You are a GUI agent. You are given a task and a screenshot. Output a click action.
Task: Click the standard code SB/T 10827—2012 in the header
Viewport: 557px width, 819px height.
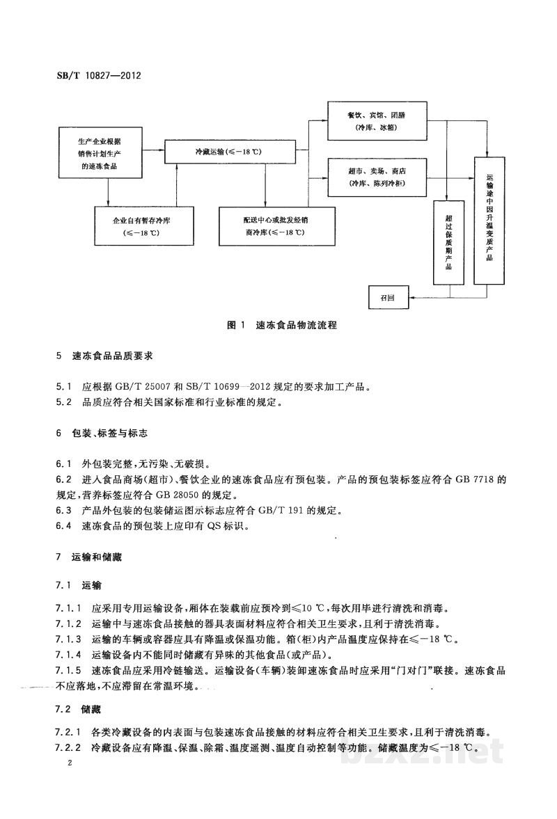[x=98, y=75]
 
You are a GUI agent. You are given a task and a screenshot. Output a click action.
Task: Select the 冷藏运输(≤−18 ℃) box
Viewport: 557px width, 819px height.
[x=229, y=152]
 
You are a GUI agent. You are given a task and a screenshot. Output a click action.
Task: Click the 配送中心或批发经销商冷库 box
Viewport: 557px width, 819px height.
[x=276, y=225]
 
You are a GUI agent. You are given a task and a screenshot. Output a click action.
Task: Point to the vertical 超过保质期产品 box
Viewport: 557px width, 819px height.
[x=448, y=242]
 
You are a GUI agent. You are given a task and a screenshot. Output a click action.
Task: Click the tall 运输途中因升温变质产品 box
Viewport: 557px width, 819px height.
[x=489, y=220]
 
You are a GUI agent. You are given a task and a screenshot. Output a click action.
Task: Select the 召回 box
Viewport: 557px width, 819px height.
[x=389, y=298]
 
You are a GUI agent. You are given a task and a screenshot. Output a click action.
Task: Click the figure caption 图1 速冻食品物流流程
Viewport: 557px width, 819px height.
[x=282, y=325]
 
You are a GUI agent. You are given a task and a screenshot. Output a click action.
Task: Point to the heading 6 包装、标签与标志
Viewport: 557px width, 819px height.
[x=102, y=433]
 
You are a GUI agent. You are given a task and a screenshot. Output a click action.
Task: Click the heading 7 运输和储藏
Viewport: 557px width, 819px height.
[x=89, y=557]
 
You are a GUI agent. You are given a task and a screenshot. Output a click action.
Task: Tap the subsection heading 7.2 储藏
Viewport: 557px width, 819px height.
[x=79, y=709]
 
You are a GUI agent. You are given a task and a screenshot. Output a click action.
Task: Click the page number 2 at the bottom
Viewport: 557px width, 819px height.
[x=69, y=762]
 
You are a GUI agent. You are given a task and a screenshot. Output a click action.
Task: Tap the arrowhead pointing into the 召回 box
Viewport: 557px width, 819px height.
[x=411, y=298]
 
